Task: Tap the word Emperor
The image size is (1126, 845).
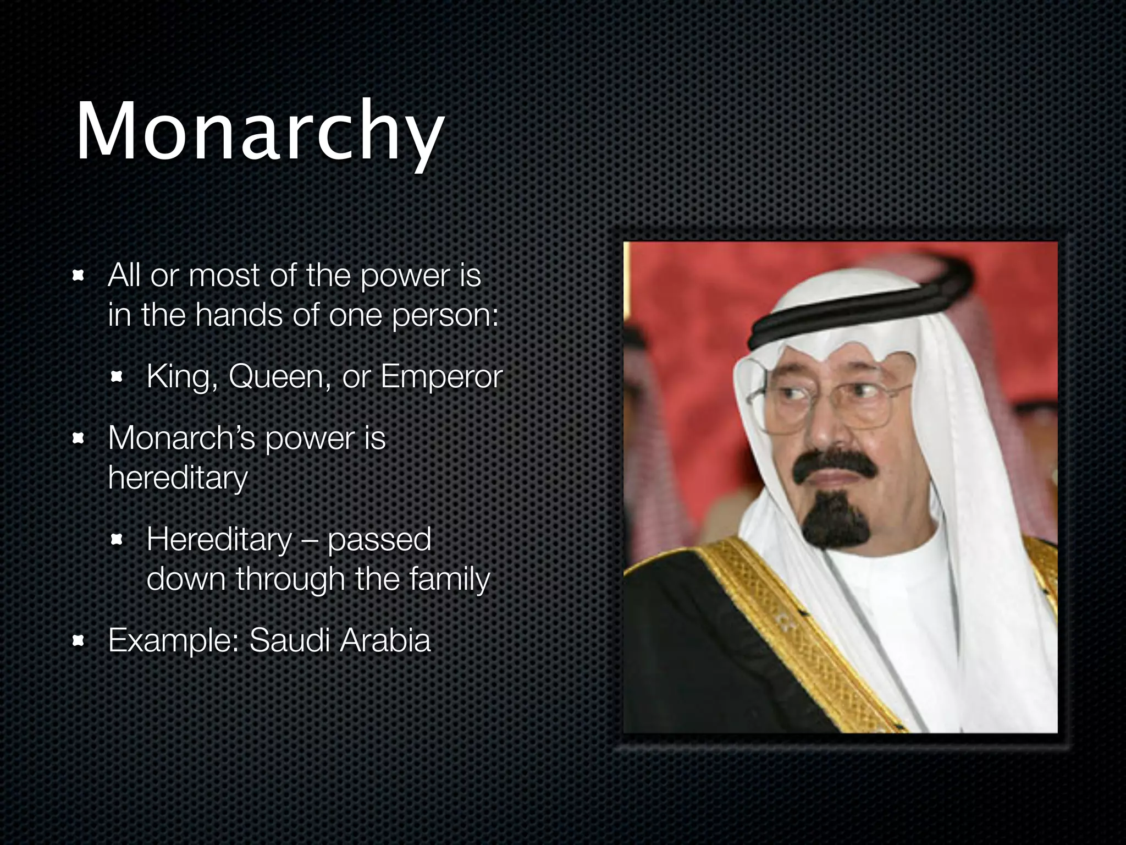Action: pos(441,377)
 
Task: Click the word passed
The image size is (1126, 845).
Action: pos(379,540)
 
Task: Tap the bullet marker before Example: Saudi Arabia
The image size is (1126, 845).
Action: pos(79,640)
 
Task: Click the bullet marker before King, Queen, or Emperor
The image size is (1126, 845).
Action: pos(117,377)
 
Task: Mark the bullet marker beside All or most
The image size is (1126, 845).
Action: pos(79,275)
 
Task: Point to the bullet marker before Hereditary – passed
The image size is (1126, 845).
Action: pos(117,540)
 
